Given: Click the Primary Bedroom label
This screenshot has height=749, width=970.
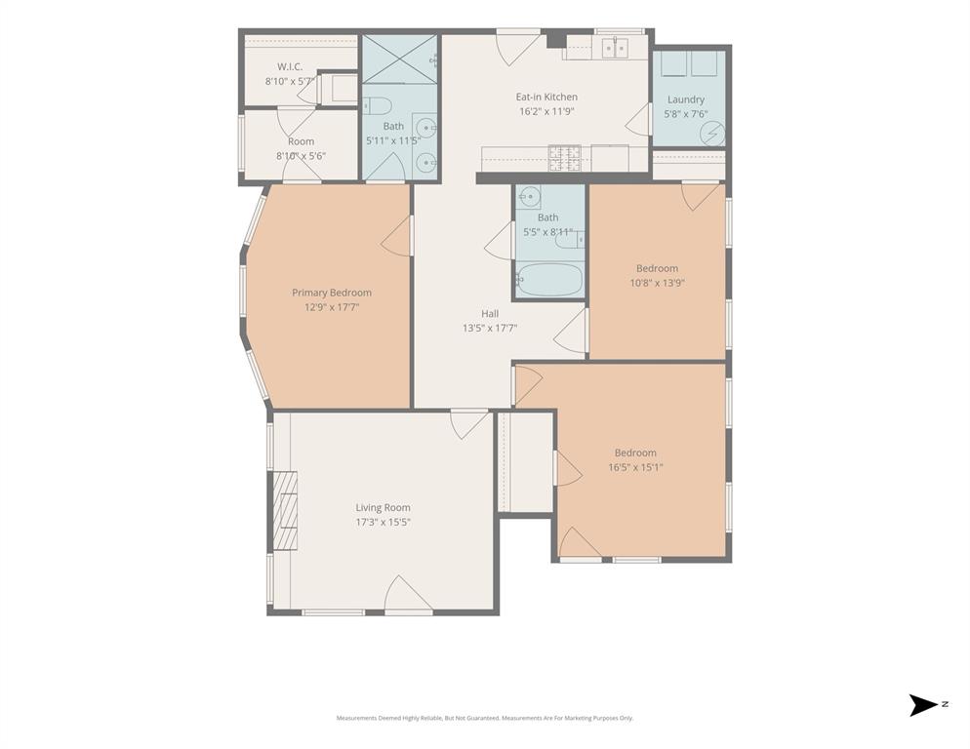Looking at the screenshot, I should point(331,293).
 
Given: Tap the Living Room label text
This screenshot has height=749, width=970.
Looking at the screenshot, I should point(383,507).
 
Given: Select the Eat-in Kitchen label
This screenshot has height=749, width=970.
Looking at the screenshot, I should point(546,97).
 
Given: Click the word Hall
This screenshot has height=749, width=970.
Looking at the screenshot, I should point(489,313).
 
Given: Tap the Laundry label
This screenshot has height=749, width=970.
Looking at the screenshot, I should point(685,99).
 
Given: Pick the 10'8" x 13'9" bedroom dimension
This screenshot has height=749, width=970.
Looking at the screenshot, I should point(656,284).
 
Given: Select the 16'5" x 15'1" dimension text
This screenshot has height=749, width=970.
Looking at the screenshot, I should point(634,467).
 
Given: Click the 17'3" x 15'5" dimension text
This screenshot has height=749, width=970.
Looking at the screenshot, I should point(383,522).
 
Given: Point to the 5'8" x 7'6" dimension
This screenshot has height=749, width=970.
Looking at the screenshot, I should point(685,114).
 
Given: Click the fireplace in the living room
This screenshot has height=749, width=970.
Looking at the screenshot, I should point(284,511).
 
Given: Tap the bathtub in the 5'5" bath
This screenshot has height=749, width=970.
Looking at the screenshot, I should point(548,280).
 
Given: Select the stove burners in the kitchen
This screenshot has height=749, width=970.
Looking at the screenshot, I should point(565,157).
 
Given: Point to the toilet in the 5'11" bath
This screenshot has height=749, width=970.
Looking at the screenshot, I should point(378,105).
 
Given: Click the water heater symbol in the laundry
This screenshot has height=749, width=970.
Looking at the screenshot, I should point(712,133).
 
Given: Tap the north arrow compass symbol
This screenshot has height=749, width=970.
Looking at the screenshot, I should point(923,704).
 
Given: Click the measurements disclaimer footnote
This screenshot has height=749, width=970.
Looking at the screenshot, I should point(485,718).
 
